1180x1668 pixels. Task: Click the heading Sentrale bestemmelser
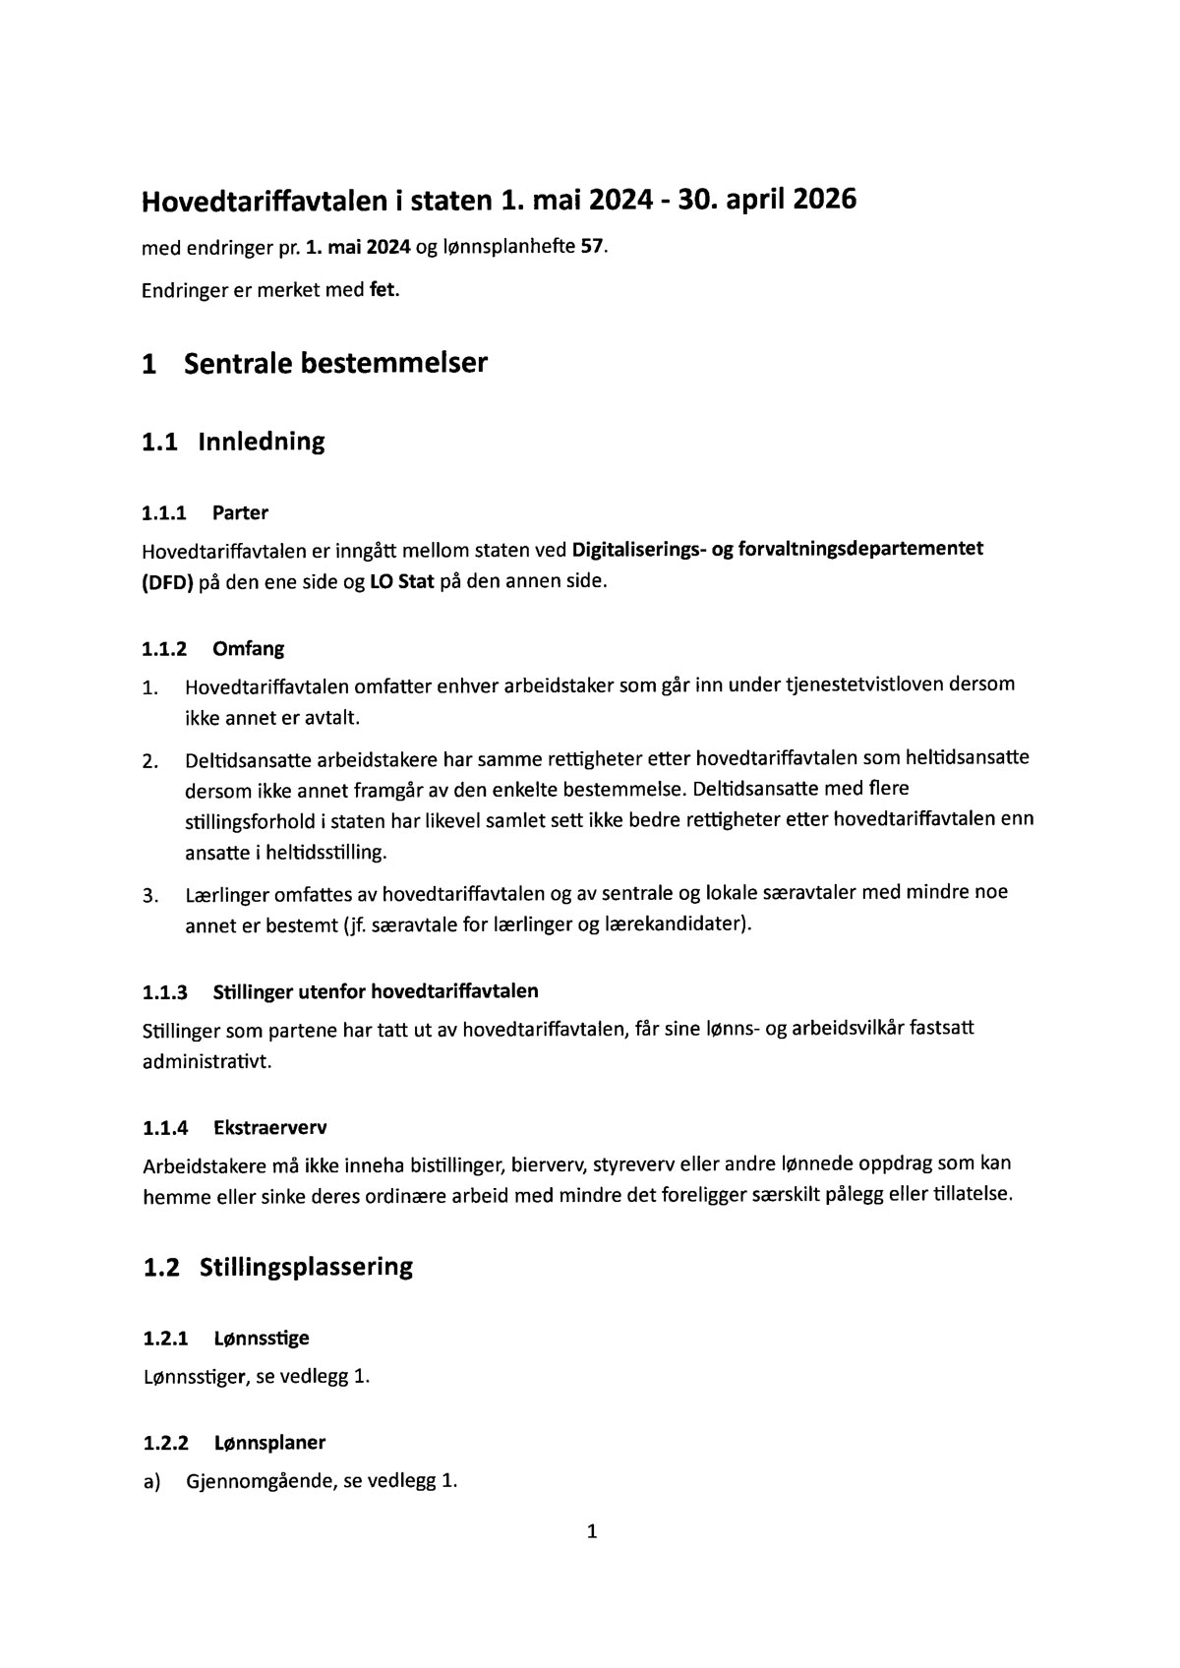point(335,363)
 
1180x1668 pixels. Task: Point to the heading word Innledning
point(261,441)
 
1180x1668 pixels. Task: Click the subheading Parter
point(240,512)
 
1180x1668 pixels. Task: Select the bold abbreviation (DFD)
point(167,581)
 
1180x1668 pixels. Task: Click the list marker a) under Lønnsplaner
point(151,1481)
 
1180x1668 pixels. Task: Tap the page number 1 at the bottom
point(591,1530)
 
